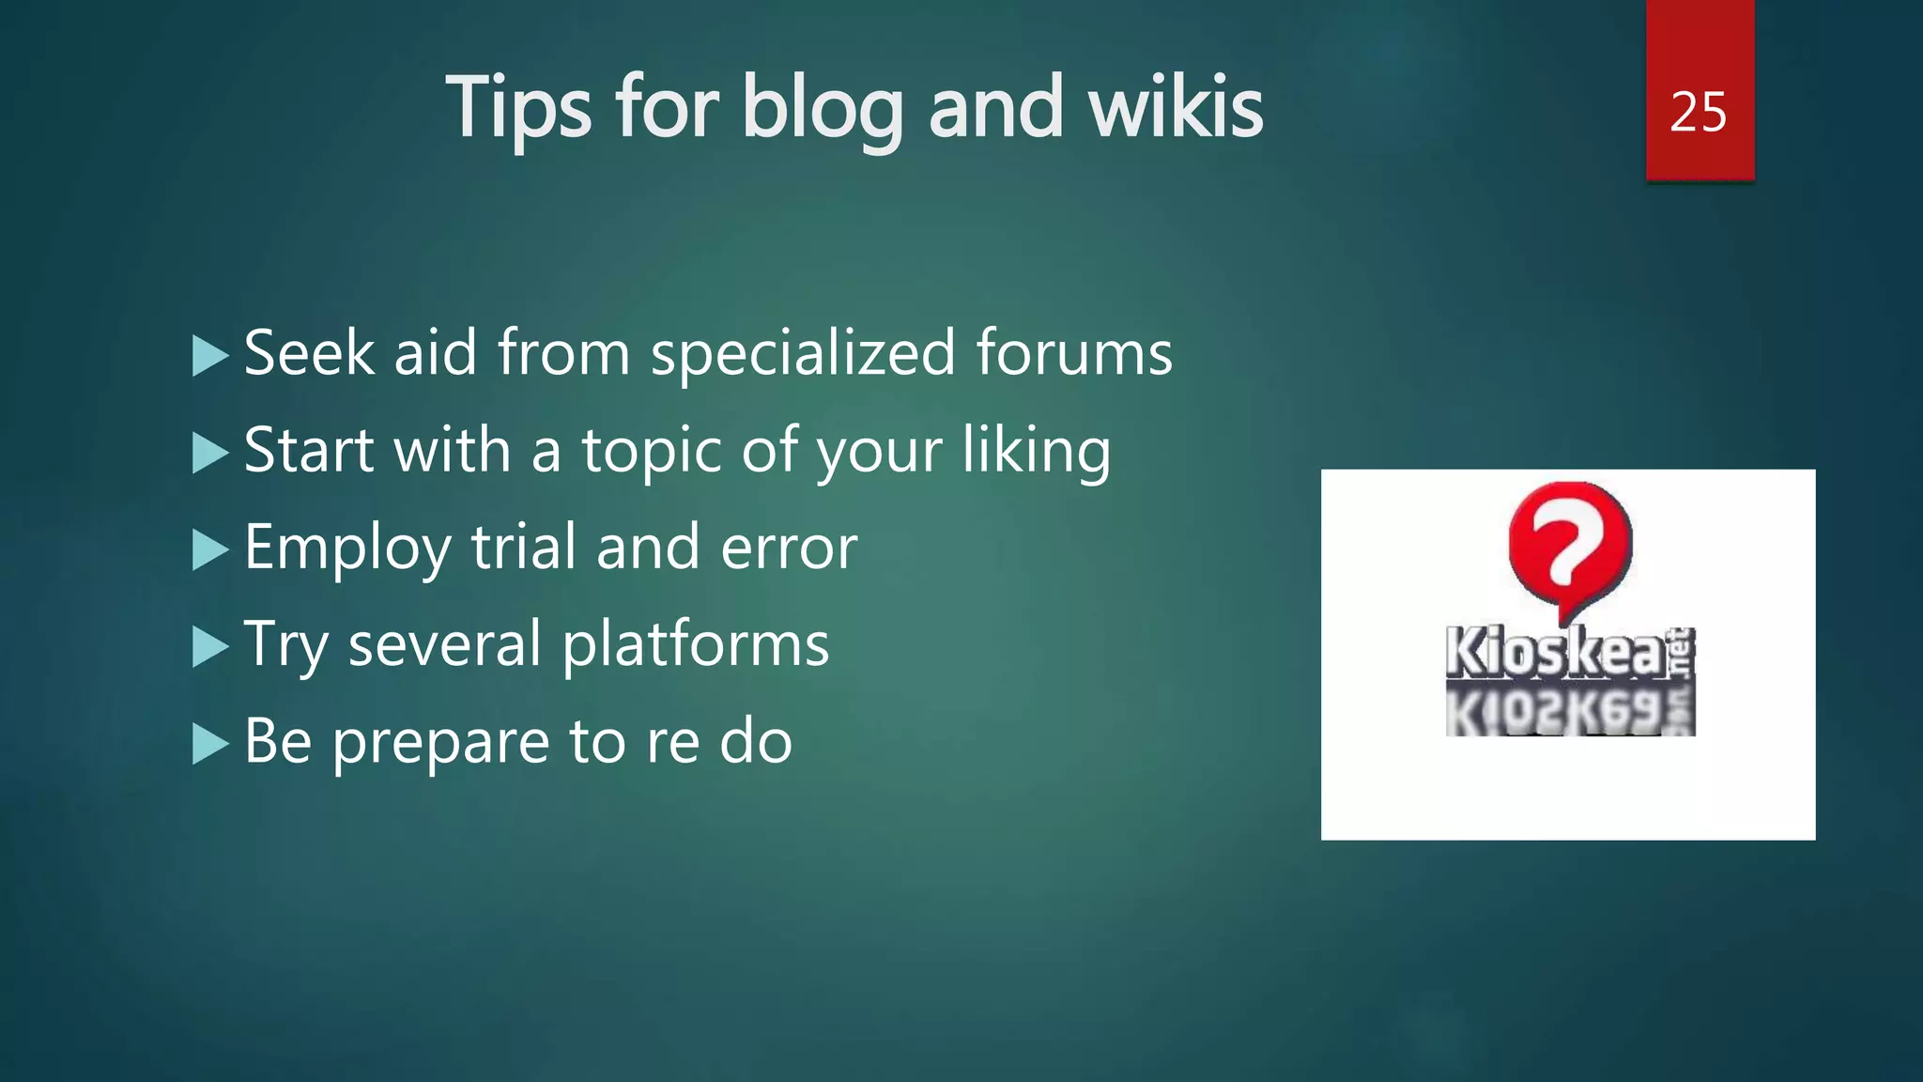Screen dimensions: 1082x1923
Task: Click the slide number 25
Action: [1698, 113]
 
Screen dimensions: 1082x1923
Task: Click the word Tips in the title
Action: [518, 109]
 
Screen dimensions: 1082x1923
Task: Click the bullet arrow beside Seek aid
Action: [209, 356]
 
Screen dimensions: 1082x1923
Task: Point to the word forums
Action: [1074, 353]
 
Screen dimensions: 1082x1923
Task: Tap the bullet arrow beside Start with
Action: [209, 454]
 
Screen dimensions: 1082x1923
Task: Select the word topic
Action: [652, 451]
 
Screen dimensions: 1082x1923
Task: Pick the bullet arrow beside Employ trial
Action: [209, 550]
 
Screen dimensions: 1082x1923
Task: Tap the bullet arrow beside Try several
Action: [209, 647]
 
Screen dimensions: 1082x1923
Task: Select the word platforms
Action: [696, 646]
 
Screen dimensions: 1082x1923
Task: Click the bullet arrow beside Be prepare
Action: [209, 745]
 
